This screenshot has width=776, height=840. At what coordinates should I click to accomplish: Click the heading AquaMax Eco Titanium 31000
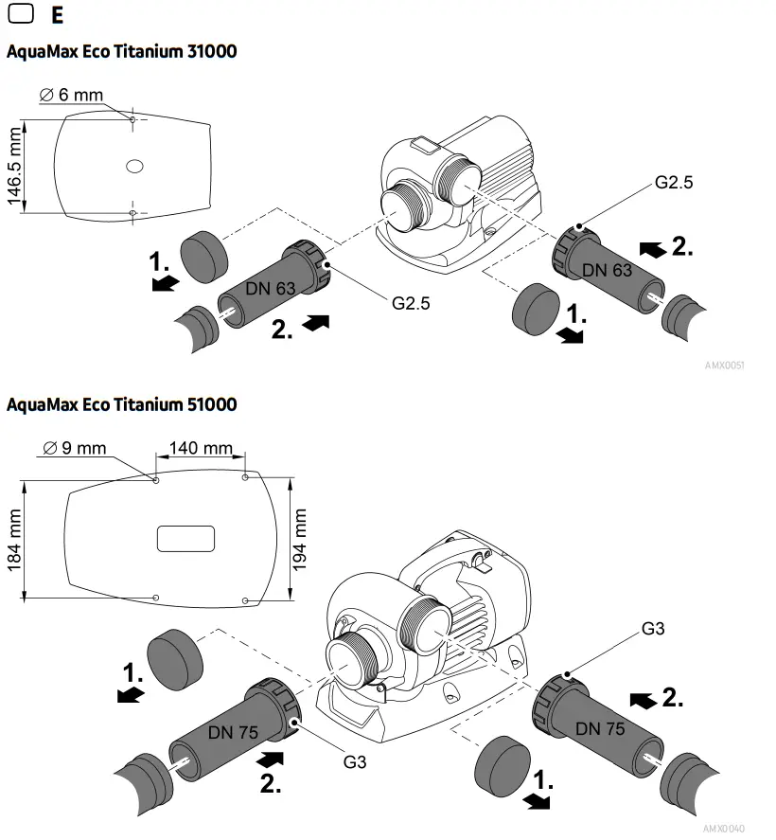pyautogui.click(x=121, y=51)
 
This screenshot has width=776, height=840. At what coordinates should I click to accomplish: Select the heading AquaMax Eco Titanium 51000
pyautogui.click(x=121, y=405)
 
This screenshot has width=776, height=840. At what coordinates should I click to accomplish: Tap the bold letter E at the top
pyautogui.click(x=59, y=15)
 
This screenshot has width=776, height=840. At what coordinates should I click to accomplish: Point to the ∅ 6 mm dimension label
pyautogui.click(x=71, y=95)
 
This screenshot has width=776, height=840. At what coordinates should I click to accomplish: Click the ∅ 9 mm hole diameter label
pyautogui.click(x=76, y=448)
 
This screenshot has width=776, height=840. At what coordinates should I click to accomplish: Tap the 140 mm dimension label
pyautogui.click(x=200, y=448)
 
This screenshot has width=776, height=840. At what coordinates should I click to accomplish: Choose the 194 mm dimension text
pyautogui.click(x=301, y=536)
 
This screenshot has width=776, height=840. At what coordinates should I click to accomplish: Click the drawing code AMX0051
pyautogui.click(x=724, y=364)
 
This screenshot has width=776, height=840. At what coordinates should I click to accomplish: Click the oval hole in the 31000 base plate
pyautogui.click(x=133, y=166)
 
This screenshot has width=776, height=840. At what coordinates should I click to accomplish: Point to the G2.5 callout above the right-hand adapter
pyautogui.click(x=674, y=183)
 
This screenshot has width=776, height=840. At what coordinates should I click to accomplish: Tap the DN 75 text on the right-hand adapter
pyautogui.click(x=600, y=728)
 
